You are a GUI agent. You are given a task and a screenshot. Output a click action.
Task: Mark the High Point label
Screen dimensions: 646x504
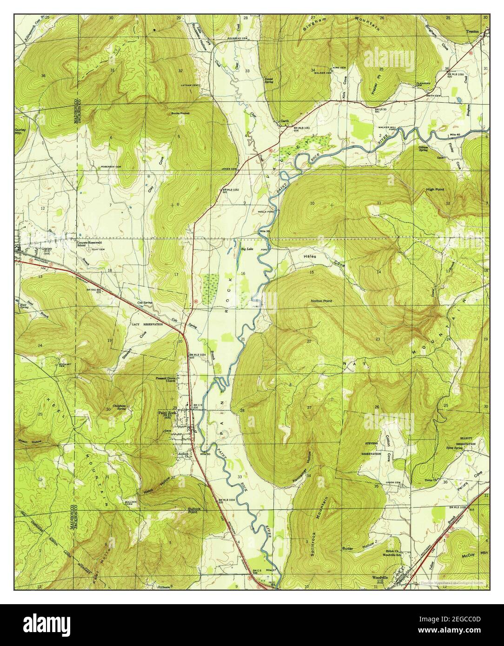click(x=436, y=190)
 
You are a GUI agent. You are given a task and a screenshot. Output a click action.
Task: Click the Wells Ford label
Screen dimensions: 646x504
click(x=259, y=211)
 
